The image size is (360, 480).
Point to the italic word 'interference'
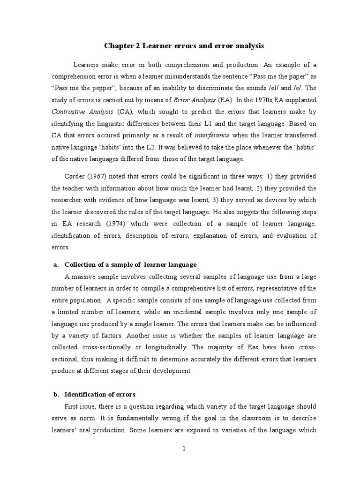[212, 135]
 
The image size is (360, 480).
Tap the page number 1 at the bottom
[184, 449]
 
